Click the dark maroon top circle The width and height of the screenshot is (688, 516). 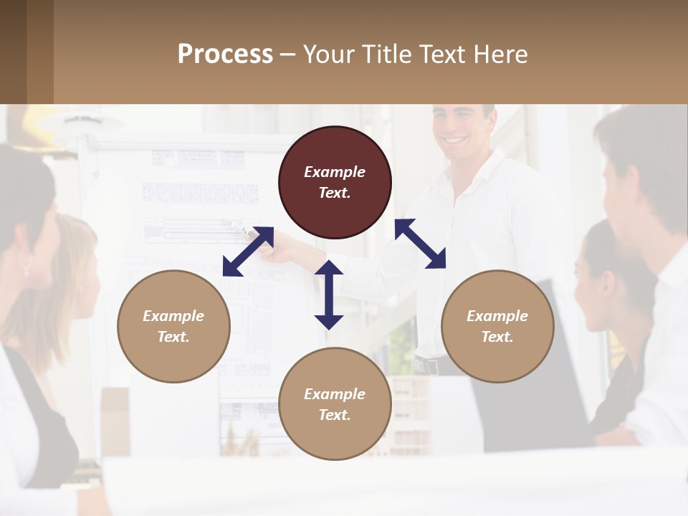[335, 183]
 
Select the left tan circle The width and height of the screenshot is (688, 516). [173, 326]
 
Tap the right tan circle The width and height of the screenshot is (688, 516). [497, 326]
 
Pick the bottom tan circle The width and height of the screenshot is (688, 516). [335, 403]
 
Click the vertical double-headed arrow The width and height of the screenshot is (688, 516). [329, 295]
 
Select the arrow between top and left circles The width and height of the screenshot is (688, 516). [248, 252]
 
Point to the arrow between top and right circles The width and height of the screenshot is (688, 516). [421, 244]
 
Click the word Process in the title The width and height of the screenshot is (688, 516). [225, 54]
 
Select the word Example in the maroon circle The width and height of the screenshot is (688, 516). [335, 172]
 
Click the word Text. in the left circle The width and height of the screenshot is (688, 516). [173, 337]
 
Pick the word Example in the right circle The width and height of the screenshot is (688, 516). [497, 316]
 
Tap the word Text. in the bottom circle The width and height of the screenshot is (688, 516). [335, 415]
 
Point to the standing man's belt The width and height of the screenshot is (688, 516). [428, 366]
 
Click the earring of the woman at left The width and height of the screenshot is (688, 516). [27, 270]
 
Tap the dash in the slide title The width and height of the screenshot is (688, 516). [288, 55]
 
